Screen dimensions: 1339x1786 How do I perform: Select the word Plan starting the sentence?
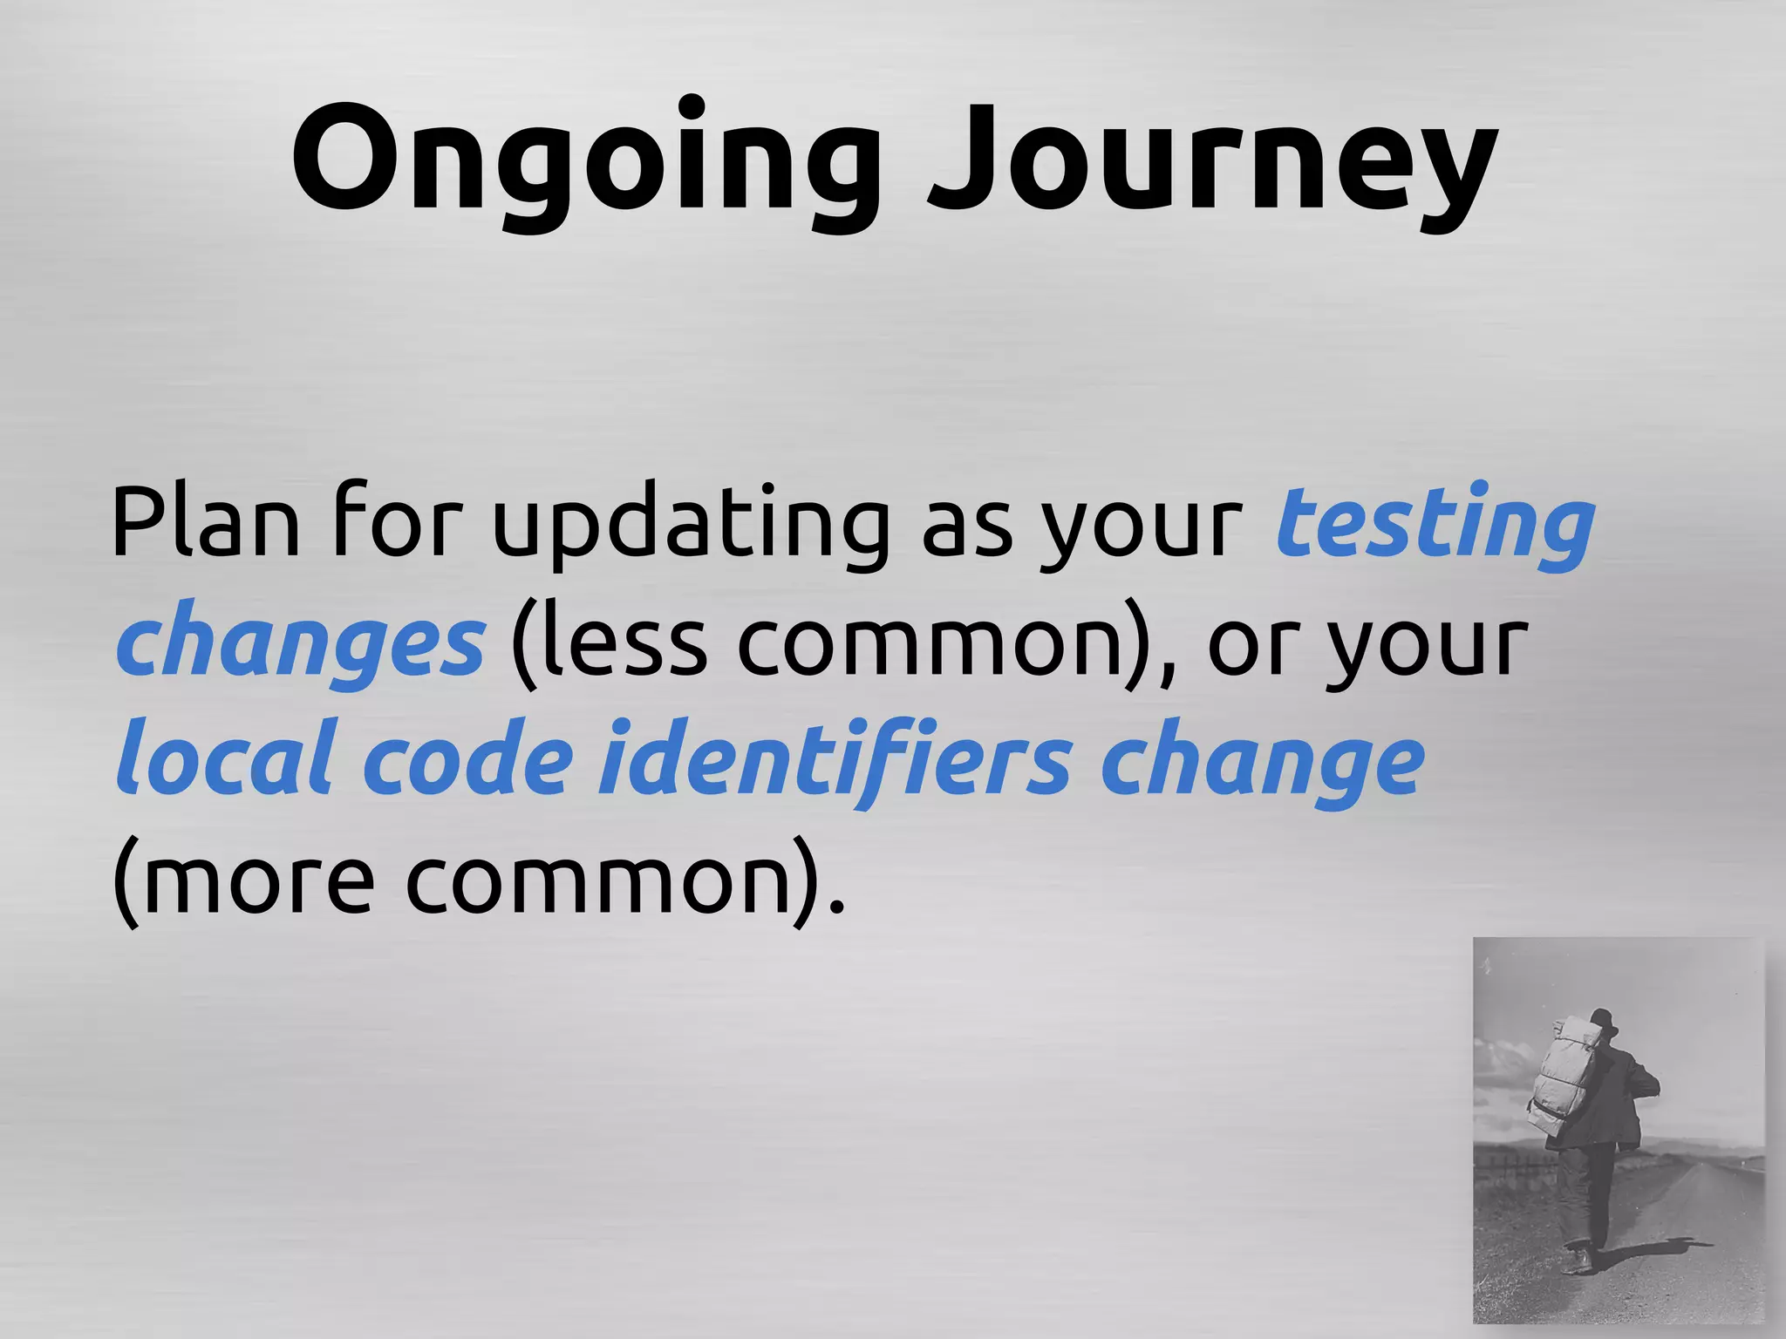click(x=205, y=523)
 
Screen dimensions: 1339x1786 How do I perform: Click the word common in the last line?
click(x=602, y=880)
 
